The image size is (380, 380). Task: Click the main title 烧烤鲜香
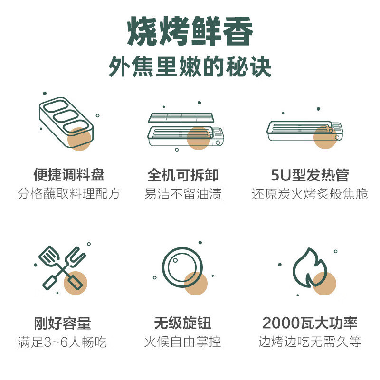pyautogui.click(x=190, y=31)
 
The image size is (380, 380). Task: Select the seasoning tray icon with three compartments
pyautogui.click(x=66, y=123)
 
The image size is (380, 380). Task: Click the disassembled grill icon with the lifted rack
pyautogui.click(x=186, y=129)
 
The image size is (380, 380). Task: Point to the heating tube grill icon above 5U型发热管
pyautogui.click(x=305, y=131)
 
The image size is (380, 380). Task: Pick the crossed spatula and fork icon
pyautogui.click(x=63, y=268)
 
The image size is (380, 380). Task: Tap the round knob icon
pyautogui.click(x=182, y=267)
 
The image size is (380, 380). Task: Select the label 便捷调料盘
pyautogui.click(x=69, y=175)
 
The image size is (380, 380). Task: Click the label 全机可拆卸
pyautogui.click(x=183, y=175)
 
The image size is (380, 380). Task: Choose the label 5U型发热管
pyautogui.click(x=310, y=175)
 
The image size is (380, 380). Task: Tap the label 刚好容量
pyautogui.click(x=62, y=323)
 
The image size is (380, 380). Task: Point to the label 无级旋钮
pyautogui.click(x=183, y=323)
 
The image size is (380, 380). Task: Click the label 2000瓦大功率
pyautogui.click(x=310, y=323)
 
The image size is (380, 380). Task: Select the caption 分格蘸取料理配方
pyautogui.click(x=69, y=194)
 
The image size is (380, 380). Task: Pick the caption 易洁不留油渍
pyautogui.click(x=183, y=194)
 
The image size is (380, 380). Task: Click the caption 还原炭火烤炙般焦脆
pyautogui.click(x=310, y=194)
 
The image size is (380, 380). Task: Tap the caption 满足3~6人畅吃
pyautogui.click(x=62, y=342)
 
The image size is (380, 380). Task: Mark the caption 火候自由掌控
pyautogui.click(x=183, y=342)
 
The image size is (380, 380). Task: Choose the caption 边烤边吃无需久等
pyautogui.click(x=310, y=342)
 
